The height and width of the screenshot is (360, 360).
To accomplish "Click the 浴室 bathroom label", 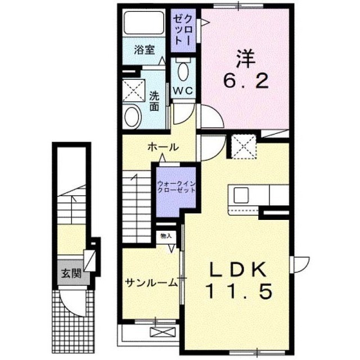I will [x=144, y=49].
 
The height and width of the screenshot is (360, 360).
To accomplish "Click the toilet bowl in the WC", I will [x=183, y=71].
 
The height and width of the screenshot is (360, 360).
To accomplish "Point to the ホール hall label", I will [x=163, y=147].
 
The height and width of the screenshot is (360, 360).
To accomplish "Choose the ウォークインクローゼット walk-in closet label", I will [x=177, y=187].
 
